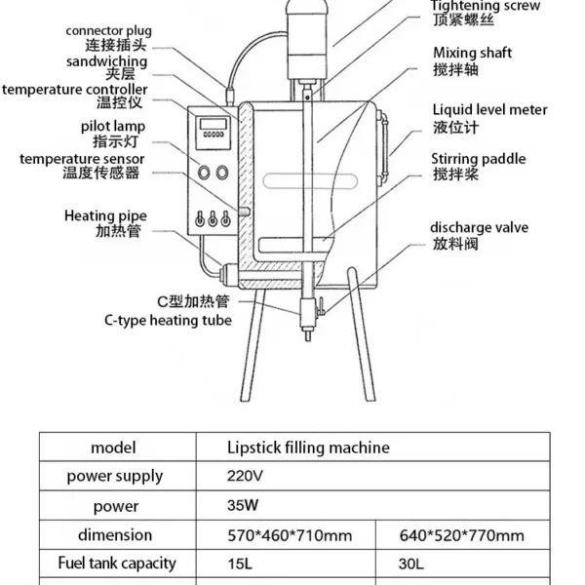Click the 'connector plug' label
pyautogui.click(x=109, y=30)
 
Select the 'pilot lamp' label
pyautogui.click(x=113, y=126)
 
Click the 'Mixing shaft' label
pyautogui.click(x=472, y=53)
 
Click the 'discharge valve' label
pyautogui.click(x=479, y=228)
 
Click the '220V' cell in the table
pyautogui.click(x=244, y=477)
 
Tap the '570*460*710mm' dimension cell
pyautogui.click(x=288, y=535)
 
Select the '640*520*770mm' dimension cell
pyautogui.click(x=462, y=535)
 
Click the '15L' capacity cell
pyautogui.click(x=238, y=564)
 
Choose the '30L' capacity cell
pyautogui.click(x=413, y=564)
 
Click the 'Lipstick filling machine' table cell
pyautogui.click(x=307, y=448)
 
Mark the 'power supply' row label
pyautogui.click(x=115, y=477)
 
